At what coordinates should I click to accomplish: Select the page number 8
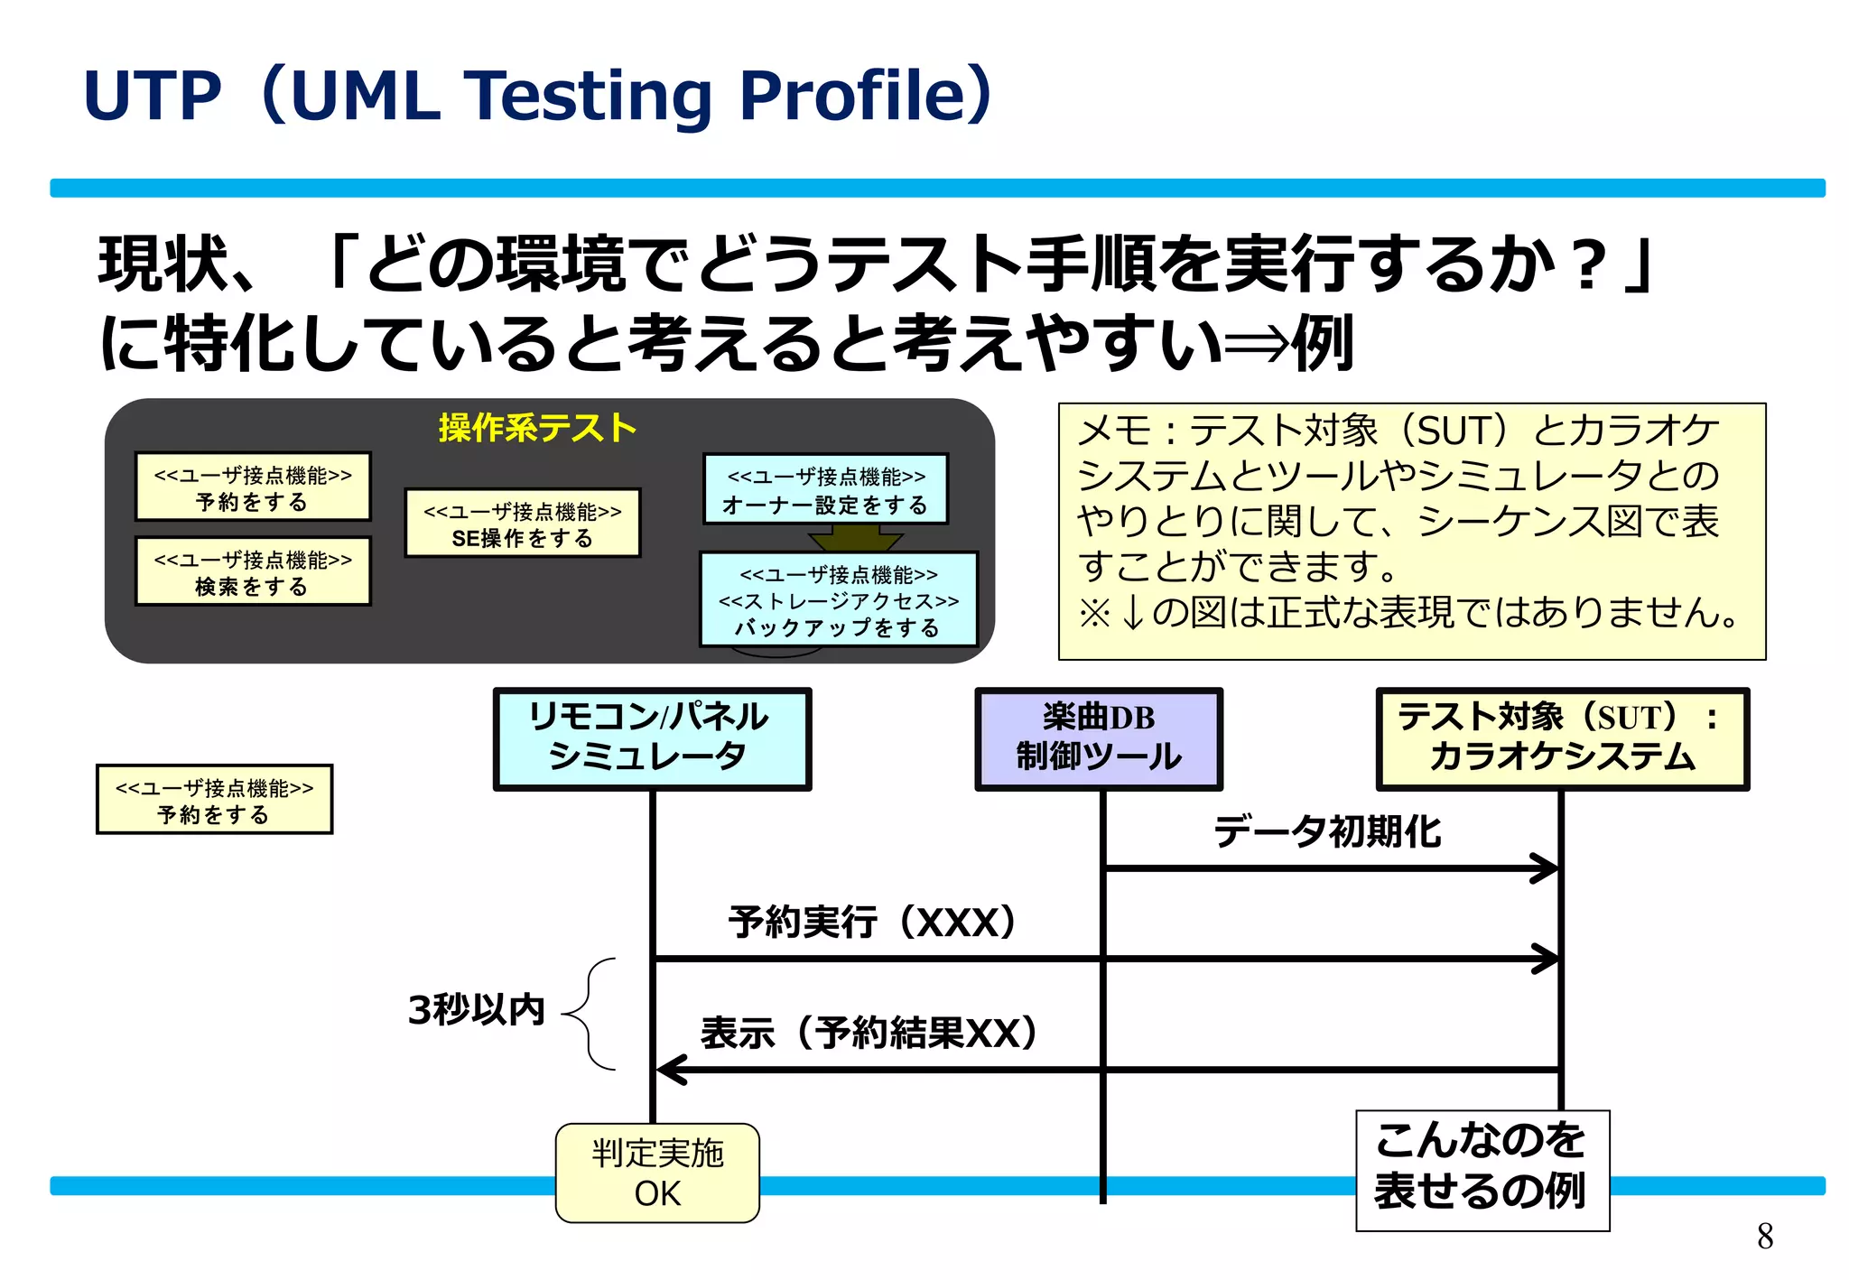tap(1765, 1236)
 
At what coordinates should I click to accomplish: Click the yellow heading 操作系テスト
tap(537, 428)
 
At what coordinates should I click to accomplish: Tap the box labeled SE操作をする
tap(523, 524)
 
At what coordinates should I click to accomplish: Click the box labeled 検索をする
tap(253, 572)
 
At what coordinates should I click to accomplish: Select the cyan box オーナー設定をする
tap(826, 489)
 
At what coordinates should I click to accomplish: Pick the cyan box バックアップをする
tap(839, 599)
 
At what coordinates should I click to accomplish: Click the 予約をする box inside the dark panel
tap(253, 487)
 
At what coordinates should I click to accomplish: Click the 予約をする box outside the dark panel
tap(214, 800)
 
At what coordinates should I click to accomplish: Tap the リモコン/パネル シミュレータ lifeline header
tap(652, 738)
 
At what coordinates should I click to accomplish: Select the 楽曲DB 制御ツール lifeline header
tap(1099, 738)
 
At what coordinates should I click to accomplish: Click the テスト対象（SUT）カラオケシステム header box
tap(1562, 738)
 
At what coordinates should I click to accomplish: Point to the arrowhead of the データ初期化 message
tap(1547, 868)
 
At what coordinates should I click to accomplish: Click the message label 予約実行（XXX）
tap(872, 923)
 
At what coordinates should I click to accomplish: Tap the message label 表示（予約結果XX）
tap(869, 1033)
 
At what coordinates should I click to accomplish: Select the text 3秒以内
tap(476, 1009)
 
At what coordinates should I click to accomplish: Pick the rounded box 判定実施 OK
tap(657, 1173)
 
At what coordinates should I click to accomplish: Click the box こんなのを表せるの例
tap(1482, 1170)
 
